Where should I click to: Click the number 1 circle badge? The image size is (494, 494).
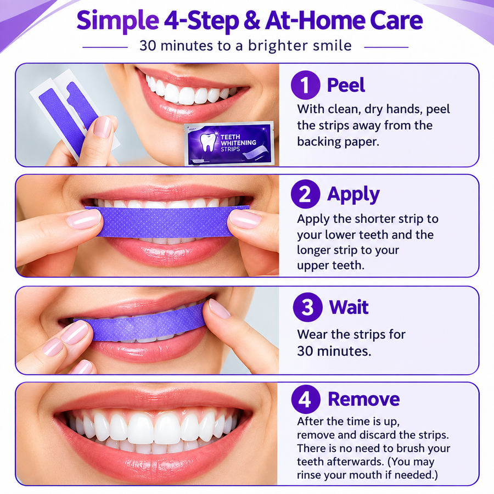305,85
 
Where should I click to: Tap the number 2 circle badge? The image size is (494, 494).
305,194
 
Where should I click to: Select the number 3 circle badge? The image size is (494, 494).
307,307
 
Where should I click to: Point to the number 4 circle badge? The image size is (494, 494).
306,399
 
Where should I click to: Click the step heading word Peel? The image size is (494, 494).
346,85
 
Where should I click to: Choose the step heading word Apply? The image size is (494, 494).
353,195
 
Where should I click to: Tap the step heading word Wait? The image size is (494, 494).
349,307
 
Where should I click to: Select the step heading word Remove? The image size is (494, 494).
364,399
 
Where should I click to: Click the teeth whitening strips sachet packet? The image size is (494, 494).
229,144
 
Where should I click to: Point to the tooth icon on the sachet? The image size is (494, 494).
208,142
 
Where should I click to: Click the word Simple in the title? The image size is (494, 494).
117,21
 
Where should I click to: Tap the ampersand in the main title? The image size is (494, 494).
252,20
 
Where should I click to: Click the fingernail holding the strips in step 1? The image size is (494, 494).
103,127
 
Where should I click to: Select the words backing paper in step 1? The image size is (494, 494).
338,142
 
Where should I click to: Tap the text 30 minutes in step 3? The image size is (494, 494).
334,351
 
